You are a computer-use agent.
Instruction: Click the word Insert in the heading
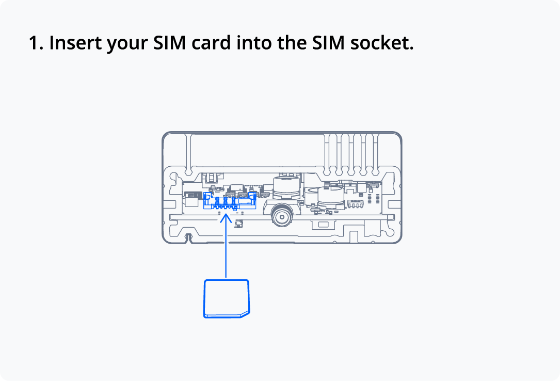pyautogui.click(x=75, y=43)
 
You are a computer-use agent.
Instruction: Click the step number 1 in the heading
pyautogui.click(x=35, y=43)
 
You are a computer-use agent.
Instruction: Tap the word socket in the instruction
pyautogui.click(x=382, y=43)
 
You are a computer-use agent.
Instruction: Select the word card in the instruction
pyautogui.click(x=211, y=43)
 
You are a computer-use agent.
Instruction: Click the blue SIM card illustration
pyautogui.click(x=226, y=298)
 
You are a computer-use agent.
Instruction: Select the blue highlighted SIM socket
pyautogui.click(x=230, y=200)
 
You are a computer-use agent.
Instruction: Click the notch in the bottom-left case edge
pyautogui.click(x=189, y=238)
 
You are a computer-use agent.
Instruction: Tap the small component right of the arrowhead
pyautogui.click(x=239, y=224)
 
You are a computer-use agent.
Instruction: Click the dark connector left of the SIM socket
pyautogui.click(x=192, y=196)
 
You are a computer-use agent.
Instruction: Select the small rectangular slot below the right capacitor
pyautogui.click(x=324, y=224)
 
